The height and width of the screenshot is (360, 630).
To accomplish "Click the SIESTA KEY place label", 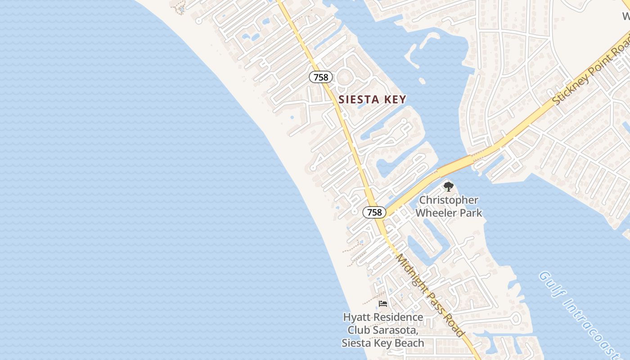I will [x=372, y=99].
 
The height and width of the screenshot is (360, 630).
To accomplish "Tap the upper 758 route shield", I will [x=321, y=77].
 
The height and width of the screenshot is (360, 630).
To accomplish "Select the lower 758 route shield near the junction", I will [x=374, y=212].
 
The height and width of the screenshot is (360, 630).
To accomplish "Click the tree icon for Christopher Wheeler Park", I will [x=448, y=186].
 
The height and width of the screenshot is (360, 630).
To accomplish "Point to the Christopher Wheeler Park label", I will [x=449, y=206].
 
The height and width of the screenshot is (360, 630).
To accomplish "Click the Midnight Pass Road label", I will [x=429, y=295].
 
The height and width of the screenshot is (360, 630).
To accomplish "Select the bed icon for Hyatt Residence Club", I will [x=383, y=304].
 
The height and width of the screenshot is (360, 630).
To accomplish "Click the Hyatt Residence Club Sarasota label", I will [x=383, y=330].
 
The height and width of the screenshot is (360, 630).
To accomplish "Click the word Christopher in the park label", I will [x=449, y=200].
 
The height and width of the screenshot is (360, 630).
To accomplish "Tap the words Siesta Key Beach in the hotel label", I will [x=383, y=343].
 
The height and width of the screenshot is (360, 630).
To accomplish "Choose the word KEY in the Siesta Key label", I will [x=396, y=99].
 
